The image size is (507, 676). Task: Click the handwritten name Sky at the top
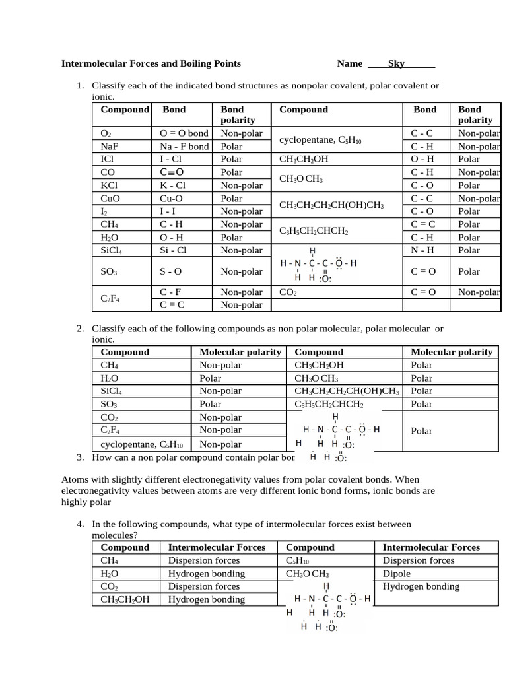(396, 64)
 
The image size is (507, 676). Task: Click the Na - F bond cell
(184, 147)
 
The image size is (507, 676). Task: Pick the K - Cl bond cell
(174, 186)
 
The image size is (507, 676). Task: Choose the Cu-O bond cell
(173, 199)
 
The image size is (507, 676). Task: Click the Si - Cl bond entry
(174, 251)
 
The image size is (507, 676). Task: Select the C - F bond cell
(172, 292)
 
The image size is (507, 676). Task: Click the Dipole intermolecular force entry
(397, 574)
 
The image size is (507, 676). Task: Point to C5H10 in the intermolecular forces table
(298, 560)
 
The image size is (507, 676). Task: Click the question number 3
(80, 457)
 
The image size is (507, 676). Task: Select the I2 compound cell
(106, 212)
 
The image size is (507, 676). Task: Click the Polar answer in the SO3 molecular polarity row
(211, 404)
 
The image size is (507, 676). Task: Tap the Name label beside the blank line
(350, 64)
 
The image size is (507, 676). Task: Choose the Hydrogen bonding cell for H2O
(207, 574)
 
